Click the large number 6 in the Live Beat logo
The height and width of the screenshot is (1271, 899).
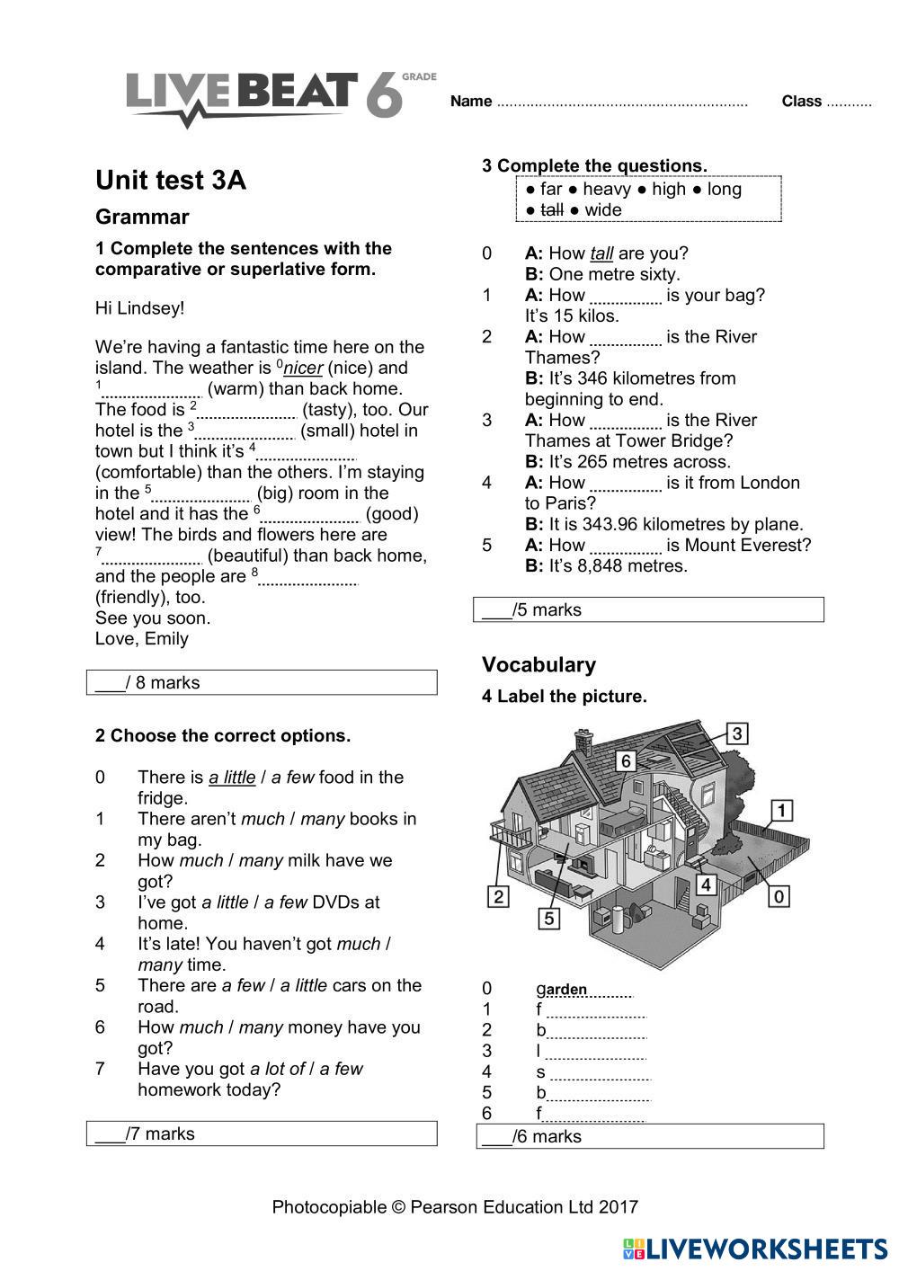[x=384, y=96]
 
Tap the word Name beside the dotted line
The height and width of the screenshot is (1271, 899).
[x=470, y=102]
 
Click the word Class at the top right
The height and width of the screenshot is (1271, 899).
[x=801, y=102]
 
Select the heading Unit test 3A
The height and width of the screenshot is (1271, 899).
[x=171, y=181]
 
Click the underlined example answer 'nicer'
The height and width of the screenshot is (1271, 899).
[x=303, y=368]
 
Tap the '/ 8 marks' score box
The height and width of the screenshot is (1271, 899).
[x=262, y=682]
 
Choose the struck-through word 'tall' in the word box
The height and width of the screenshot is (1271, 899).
[x=551, y=210]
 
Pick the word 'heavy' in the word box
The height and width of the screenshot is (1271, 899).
[x=607, y=189]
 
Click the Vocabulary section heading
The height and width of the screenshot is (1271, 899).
[x=539, y=664]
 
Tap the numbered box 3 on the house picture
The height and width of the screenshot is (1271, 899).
[x=736, y=733]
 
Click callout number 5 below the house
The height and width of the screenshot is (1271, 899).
[x=549, y=918]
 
